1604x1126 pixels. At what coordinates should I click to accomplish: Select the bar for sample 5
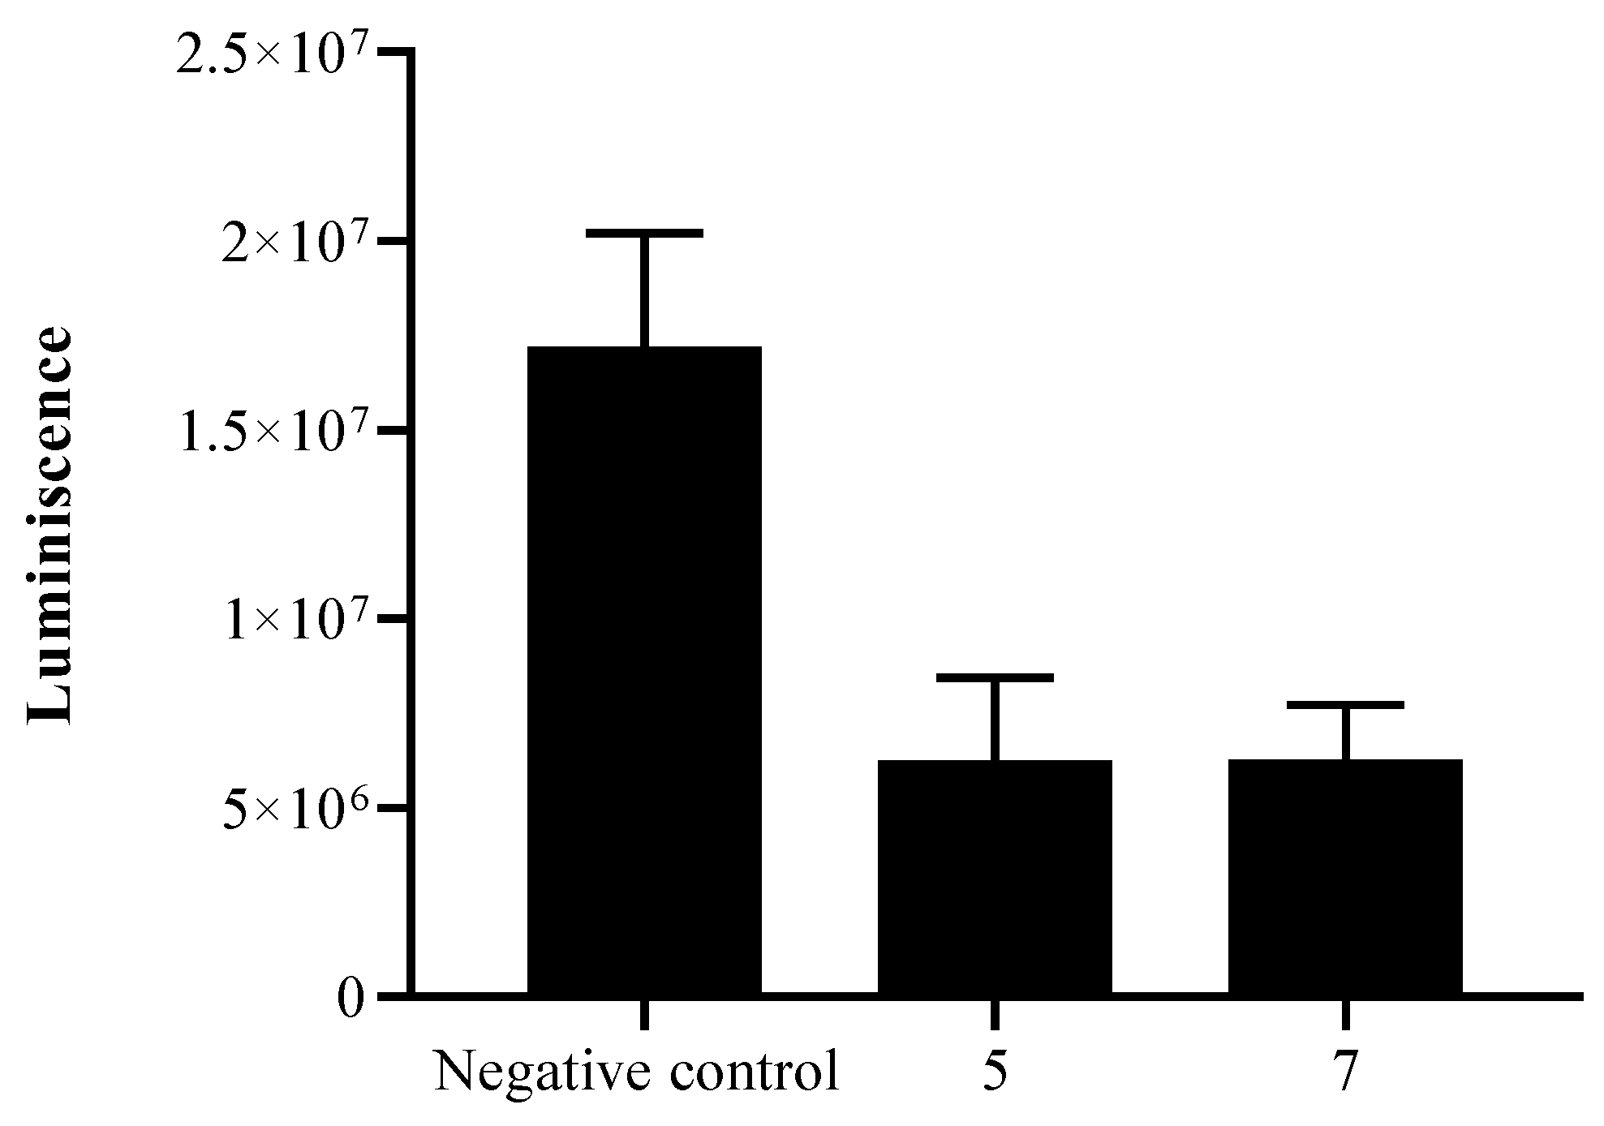coord(995,876)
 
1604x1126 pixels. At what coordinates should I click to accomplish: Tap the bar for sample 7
coord(1345,876)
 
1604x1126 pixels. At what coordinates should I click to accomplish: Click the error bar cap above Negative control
coord(644,233)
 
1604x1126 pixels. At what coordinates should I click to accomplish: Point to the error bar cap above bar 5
coord(995,677)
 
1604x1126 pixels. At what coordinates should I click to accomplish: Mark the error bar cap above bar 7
coord(1345,705)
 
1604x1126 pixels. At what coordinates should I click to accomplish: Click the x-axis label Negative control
coord(637,1072)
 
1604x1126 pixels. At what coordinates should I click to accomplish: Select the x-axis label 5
coord(995,1072)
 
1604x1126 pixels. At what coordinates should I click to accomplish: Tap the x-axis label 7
coord(1346,1072)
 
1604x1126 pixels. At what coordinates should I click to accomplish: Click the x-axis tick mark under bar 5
coord(995,1014)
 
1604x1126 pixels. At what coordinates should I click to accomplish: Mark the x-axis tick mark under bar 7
coord(1345,1014)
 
